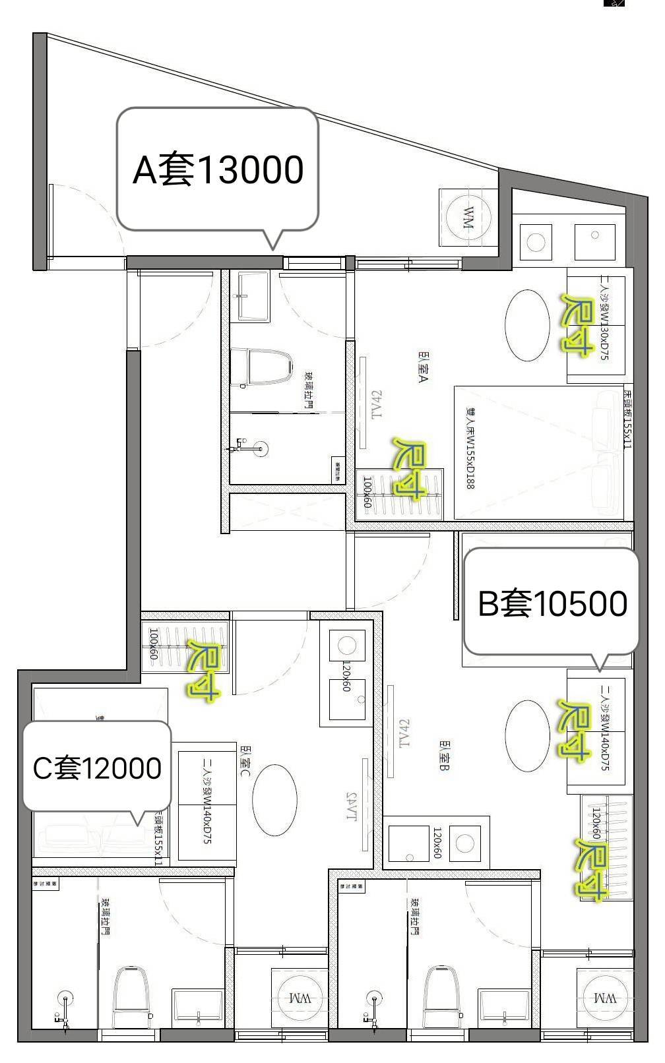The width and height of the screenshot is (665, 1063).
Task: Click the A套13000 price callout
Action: coord(218,169)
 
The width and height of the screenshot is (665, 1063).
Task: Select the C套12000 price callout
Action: coord(97,768)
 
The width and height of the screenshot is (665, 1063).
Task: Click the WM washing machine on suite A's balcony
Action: coord(468,217)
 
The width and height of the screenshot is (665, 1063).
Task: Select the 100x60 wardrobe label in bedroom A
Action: coord(367,493)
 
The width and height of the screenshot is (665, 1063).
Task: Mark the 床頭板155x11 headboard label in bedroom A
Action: coord(627,419)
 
